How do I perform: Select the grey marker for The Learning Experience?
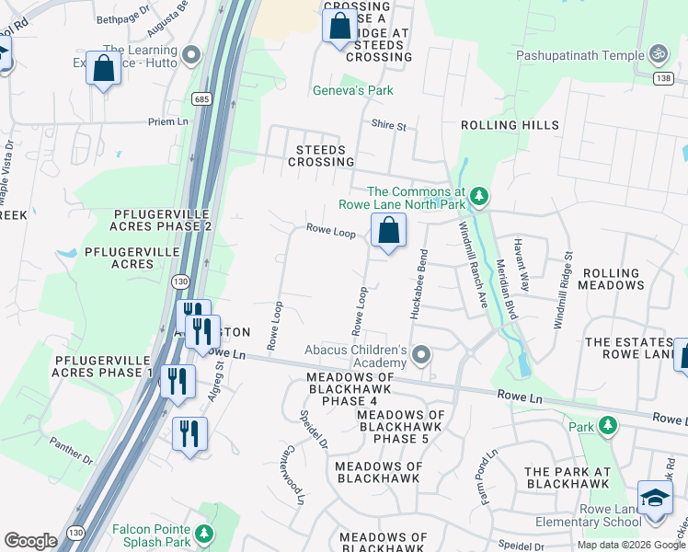pyautogui.click(x=191, y=55)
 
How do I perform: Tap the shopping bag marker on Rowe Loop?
pyautogui.click(x=389, y=231)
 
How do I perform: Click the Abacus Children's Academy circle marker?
pyautogui.click(x=421, y=354)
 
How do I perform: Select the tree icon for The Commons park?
pyautogui.click(x=478, y=196)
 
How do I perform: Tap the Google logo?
pyautogui.click(x=30, y=541)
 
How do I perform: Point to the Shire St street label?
pyautogui.click(x=388, y=125)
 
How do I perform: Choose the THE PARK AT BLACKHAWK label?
pyautogui.click(x=567, y=477)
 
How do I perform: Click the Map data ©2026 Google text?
pyautogui.click(x=630, y=545)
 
